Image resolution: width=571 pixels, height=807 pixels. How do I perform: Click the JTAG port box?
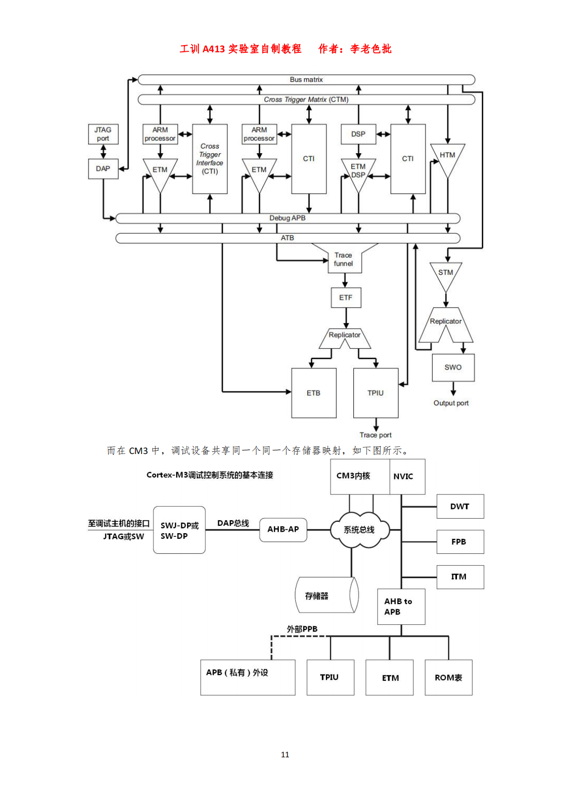coord(103,134)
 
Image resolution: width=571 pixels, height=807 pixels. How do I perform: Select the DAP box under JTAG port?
coord(103,169)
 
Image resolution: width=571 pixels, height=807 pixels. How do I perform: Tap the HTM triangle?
coord(448,157)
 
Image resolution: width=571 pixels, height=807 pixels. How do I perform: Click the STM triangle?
coord(446,274)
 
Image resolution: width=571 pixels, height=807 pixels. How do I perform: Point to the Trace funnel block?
coord(344,259)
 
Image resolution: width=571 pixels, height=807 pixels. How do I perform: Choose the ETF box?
coord(346,298)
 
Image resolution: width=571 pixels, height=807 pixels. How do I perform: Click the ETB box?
coord(313,393)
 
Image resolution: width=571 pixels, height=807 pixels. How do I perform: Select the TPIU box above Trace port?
coord(376,393)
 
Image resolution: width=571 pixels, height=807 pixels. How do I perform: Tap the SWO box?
coord(453,368)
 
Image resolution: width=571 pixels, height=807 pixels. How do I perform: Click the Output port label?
coord(451,403)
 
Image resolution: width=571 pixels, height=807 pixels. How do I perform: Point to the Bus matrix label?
coord(306,80)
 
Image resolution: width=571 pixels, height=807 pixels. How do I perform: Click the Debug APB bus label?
coord(288,218)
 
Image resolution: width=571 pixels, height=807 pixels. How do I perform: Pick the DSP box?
coord(358,134)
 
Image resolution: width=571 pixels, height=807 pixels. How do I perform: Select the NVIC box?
coord(404,477)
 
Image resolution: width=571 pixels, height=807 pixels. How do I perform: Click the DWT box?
coord(460,507)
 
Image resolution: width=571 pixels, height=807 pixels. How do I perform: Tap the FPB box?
coord(459,542)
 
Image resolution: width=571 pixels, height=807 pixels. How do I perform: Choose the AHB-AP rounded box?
coord(283,530)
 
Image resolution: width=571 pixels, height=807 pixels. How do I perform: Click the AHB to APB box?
coord(401,607)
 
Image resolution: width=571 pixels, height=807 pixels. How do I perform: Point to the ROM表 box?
coord(448,678)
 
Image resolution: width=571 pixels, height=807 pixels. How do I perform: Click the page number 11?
coord(285,755)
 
